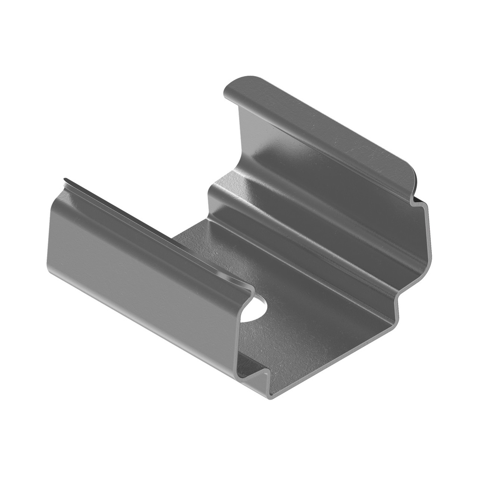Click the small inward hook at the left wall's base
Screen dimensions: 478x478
[254, 369]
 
